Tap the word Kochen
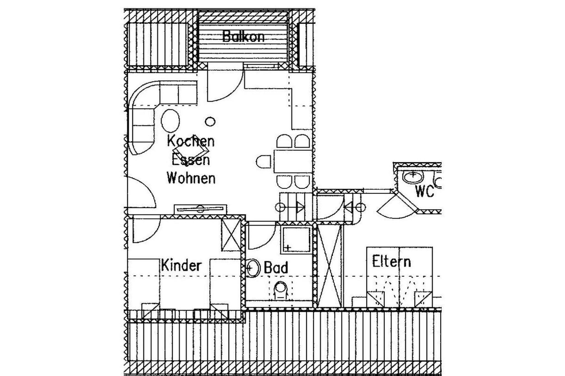tap(191, 141)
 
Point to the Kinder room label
tap(181, 266)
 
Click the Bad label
tap(276, 267)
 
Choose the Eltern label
tap(391, 261)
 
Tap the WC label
tap(424, 191)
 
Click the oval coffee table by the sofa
tap(170, 121)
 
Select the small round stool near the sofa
tap(210, 121)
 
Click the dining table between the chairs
tap(292, 161)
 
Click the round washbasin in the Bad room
tap(253, 268)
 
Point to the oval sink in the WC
tap(413, 176)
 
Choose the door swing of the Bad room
tap(261, 237)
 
